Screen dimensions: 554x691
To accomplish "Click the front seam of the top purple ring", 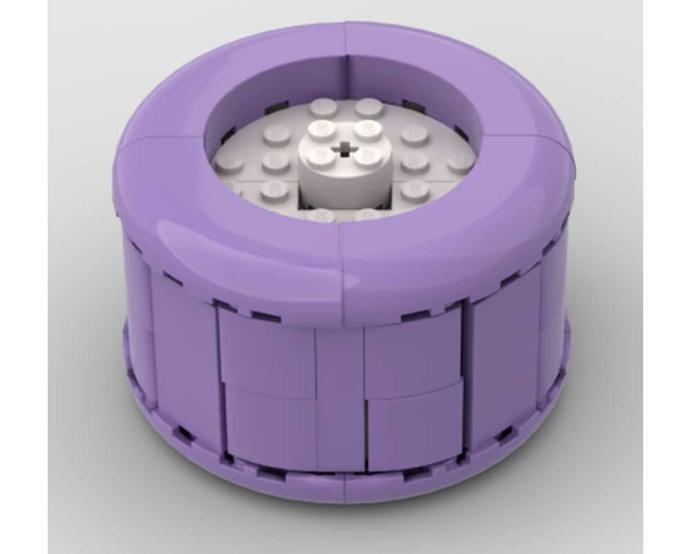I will point(341,270).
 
